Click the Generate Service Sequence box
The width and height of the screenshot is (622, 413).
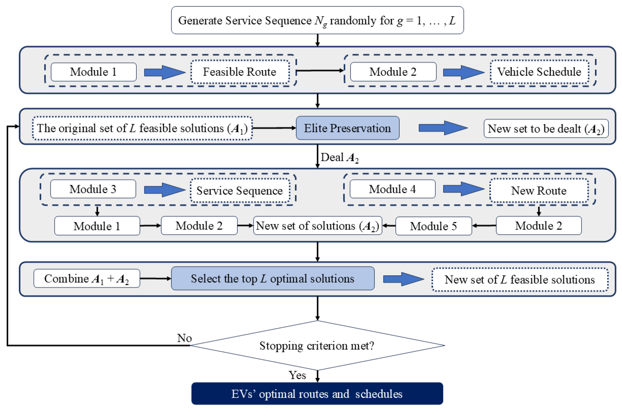(x=317, y=20)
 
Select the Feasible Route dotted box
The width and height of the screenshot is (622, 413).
(x=240, y=72)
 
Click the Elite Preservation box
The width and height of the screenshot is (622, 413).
(x=347, y=128)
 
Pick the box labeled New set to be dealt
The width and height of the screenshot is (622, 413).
(x=546, y=129)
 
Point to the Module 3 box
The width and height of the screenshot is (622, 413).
(x=93, y=189)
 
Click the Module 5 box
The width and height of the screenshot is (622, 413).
(x=433, y=226)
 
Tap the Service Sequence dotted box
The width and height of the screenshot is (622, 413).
(x=240, y=190)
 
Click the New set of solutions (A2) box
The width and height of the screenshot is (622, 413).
(x=318, y=226)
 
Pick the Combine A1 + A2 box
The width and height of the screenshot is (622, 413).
(x=87, y=278)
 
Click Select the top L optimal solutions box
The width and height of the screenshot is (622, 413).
(x=273, y=278)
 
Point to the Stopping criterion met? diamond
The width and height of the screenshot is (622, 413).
(x=317, y=345)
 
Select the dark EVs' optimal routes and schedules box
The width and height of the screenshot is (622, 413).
(x=317, y=394)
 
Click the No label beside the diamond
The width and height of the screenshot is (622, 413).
(x=184, y=338)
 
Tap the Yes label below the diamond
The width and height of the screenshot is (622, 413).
(x=297, y=375)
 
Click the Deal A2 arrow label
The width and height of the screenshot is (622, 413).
(x=340, y=157)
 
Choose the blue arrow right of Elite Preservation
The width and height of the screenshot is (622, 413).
(x=443, y=128)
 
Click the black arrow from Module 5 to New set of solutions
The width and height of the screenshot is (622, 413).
(x=389, y=226)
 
